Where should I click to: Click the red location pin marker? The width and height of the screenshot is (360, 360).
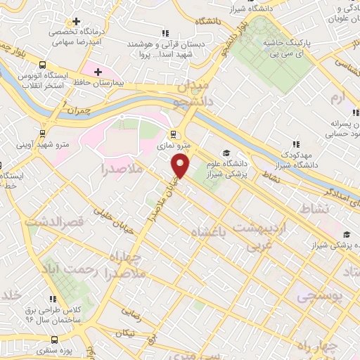pyautogui.click(x=181, y=167)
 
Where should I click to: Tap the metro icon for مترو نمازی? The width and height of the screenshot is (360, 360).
pyautogui.click(x=172, y=134)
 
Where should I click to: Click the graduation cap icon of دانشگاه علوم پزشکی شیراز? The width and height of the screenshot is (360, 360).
pyautogui.click(x=226, y=153)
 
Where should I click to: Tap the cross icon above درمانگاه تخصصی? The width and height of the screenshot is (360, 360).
pyautogui.click(x=77, y=21)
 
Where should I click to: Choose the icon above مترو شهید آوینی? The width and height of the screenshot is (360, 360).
pyautogui.click(x=43, y=132)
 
